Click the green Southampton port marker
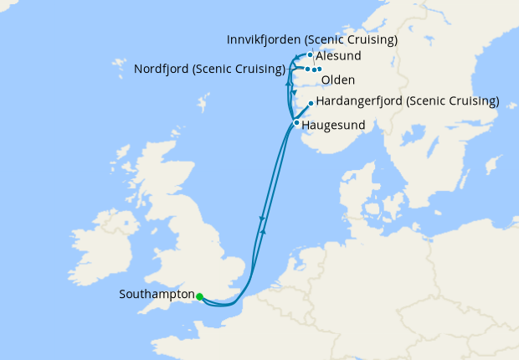pyautogui.click(x=199, y=296)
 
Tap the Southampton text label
pyautogui.click(x=157, y=295)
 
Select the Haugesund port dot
pyautogui.click(x=296, y=122)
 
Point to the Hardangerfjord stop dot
pyautogui.click(x=311, y=104)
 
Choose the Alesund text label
pyautogui.click(x=339, y=56)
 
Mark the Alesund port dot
pyautogui.click(x=310, y=55)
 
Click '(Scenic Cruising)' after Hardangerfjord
pyautogui.click(x=454, y=102)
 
